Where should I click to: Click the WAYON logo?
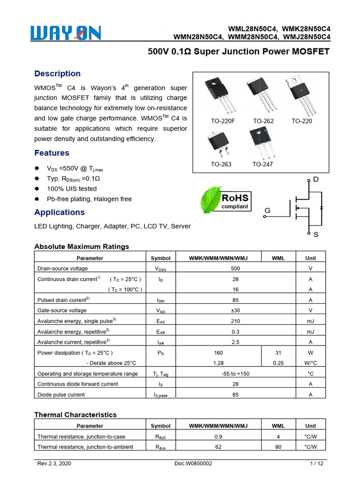(66, 33)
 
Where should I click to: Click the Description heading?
(58, 74)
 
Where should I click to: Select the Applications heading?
(60, 212)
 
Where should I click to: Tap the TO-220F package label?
(223, 121)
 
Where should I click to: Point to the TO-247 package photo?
(262, 142)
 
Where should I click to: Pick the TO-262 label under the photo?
(263, 121)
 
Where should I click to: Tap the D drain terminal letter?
(315, 180)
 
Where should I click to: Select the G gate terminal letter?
(267, 211)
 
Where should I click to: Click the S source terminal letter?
(315, 234)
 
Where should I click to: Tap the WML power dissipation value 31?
(278, 352)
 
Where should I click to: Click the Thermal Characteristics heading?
(75, 414)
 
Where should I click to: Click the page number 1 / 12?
(317, 464)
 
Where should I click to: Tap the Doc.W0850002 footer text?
(193, 464)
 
